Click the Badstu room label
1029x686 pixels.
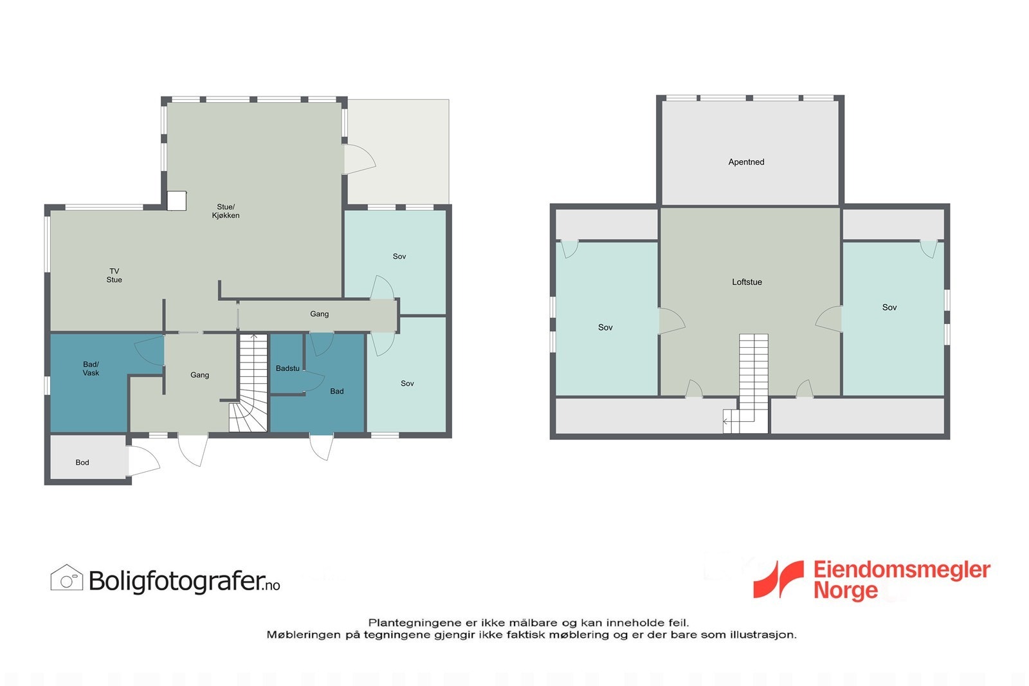pyautogui.click(x=287, y=368)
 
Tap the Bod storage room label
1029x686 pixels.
pyautogui.click(x=82, y=462)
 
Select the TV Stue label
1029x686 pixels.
pyautogui.click(x=114, y=275)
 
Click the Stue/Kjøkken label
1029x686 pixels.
pyautogui.click(x=226, y=212)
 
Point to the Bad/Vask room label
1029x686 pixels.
pyautogui.click(x=91, y=368)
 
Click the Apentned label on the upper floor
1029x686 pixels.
pyautogui.click(x=746, y=162)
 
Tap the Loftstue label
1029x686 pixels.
pyautogui.click(x=747, y=282)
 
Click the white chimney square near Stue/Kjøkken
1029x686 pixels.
pyautogui.click(x=176, y=201)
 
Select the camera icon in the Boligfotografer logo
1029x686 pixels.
pyautogui.click(x=67, y=578)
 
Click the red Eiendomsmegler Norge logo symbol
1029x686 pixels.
pyautogui.click(x=779, y=579)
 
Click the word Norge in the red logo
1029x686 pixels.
pyautogui.click(x=845, y=590)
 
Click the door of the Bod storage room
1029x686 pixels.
pyautogui.click(x=143, y=461)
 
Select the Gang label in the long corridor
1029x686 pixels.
pyautogui.click(x=320, y=314)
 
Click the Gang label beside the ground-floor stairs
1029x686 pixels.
pyautogui.click(x=199, y=375)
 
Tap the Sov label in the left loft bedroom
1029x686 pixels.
pyautogui.click(x=605, y=327)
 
